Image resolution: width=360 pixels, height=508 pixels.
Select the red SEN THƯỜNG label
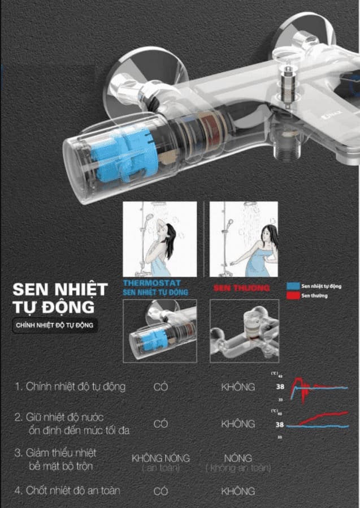[241, 288]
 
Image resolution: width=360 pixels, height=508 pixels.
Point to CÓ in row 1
[161, 387]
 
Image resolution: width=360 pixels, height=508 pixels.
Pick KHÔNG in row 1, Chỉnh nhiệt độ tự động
[237, 387]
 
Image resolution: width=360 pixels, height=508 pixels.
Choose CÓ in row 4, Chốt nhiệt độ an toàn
[161, 491]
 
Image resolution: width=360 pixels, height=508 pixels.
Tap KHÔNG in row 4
[237, 491]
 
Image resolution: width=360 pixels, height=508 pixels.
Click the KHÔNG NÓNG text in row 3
[161, 458]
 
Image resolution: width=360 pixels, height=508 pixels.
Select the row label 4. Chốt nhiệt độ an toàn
[67, 490]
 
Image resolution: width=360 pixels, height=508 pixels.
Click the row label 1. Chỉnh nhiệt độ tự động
[70, 387]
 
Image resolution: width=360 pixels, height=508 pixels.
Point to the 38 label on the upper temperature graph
[279, 388]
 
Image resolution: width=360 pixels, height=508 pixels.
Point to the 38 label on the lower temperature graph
[279, 425]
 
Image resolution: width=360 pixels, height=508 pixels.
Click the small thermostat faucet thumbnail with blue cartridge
[159, 331]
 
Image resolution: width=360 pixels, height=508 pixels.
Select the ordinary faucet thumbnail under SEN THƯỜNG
[244, 331]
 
